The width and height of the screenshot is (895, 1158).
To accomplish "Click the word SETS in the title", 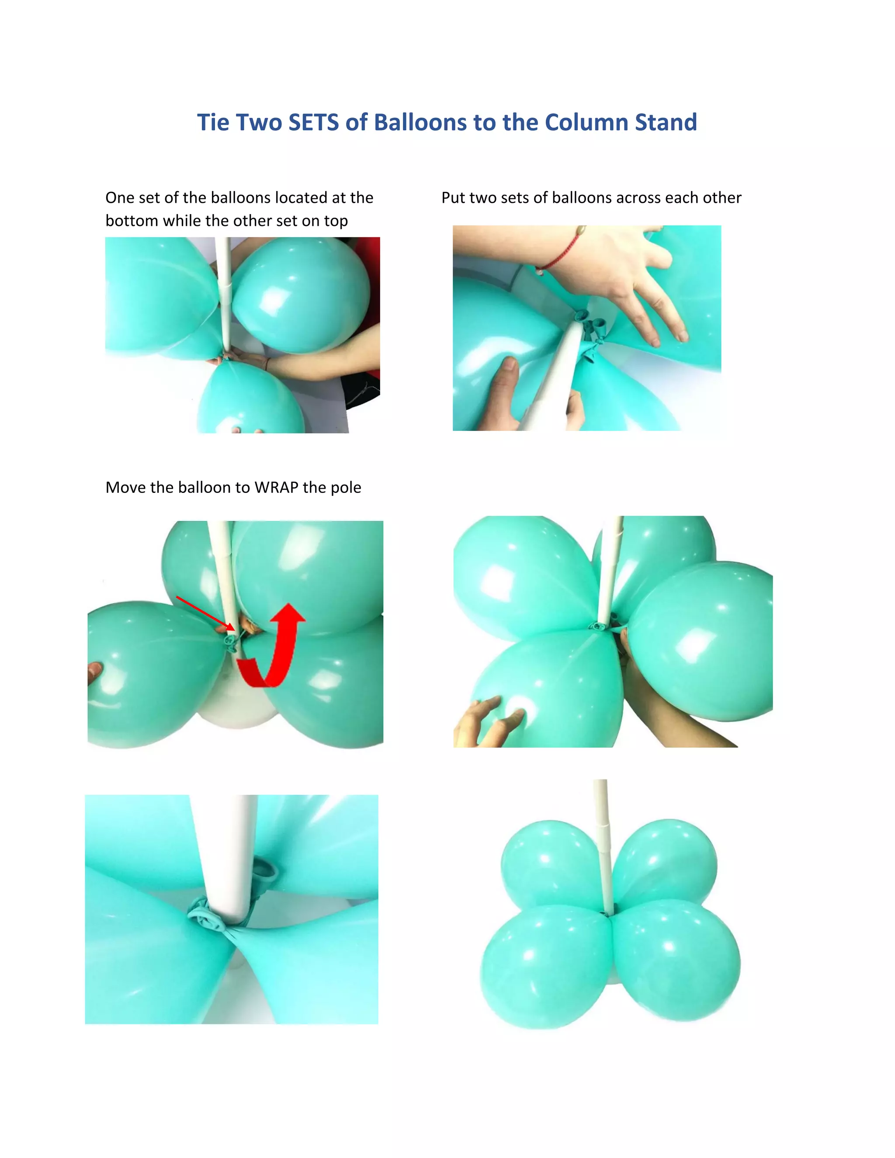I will (x=313, y=122).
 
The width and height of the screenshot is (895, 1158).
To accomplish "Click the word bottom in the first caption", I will (x=132, y=221).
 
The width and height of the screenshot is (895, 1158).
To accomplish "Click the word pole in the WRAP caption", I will (x=346, y=487).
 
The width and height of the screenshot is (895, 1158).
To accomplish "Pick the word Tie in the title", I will (x=214, y=122).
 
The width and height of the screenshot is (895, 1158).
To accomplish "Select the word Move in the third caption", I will (x=126, y=487).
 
